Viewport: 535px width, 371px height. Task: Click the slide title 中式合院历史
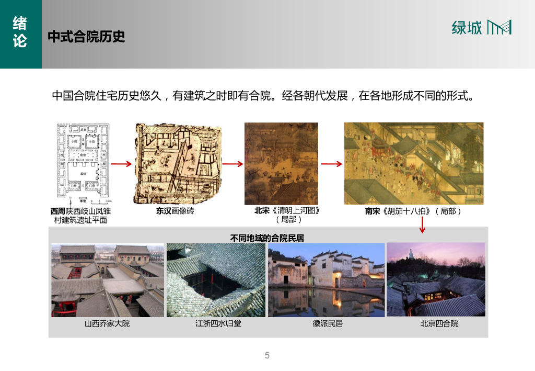click(x=86, y=37)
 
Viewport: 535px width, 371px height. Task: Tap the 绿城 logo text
click(x=467, y=28)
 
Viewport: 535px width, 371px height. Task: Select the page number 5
click(x=267, y=356)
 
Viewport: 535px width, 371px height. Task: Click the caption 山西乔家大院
click(x=107, y=324)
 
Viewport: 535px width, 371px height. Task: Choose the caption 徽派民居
click(x=328, y=324)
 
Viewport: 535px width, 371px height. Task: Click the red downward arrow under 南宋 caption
click(x=423, y=226)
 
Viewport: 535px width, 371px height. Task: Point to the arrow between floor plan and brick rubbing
click(x=121, y=164)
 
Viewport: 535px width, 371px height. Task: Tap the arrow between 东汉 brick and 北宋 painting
click(x=233, y=164)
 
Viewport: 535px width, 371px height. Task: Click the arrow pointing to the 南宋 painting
click(x=331, y=164)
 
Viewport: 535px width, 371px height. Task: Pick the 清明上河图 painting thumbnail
click(x=281, y=163)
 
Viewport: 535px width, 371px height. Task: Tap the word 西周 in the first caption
click(x=58, y=211)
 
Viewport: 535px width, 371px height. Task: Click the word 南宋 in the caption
click(x=374, y=211)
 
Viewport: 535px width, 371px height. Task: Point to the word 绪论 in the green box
click(x=20, y=31)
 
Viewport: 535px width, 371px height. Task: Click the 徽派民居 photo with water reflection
click(x=326, y=280)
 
